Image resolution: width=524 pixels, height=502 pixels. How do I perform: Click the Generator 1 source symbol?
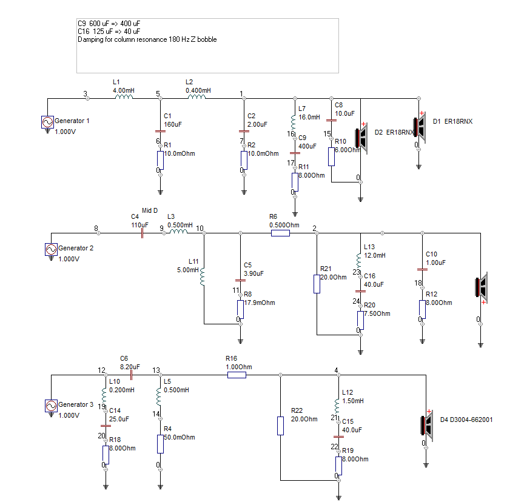pos(47,122)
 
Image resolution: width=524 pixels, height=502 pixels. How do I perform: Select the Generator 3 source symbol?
pos(51,406)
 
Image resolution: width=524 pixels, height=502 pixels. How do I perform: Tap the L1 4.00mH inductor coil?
pos(124,97)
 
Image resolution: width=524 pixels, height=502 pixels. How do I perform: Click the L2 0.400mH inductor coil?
pos(197,97)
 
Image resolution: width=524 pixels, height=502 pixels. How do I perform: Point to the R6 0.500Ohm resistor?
pos(280,233)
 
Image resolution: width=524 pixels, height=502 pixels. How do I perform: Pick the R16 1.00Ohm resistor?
pos(237,375)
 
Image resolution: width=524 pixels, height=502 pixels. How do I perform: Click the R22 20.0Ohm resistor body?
pos(280,426)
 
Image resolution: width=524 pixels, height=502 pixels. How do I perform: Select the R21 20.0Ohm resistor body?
pos(317,284)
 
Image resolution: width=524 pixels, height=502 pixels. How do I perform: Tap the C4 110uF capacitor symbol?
pos(142,233)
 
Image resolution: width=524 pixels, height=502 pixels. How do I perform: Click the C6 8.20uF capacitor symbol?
pos(131,375)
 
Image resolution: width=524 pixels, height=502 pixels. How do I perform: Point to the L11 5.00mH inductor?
pos(202,276)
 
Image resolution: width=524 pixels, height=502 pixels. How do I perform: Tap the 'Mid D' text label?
pos(150,210)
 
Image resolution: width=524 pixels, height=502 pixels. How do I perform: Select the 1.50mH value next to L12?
pos(353,401)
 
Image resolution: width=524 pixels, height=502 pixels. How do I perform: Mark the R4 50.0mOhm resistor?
pos(160,444)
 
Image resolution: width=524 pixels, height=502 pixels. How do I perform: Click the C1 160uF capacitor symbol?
pos(160,132)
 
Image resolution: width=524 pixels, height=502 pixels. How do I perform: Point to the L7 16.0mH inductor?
pos(293,122)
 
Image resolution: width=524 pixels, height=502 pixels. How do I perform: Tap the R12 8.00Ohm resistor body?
pos(422,309)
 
